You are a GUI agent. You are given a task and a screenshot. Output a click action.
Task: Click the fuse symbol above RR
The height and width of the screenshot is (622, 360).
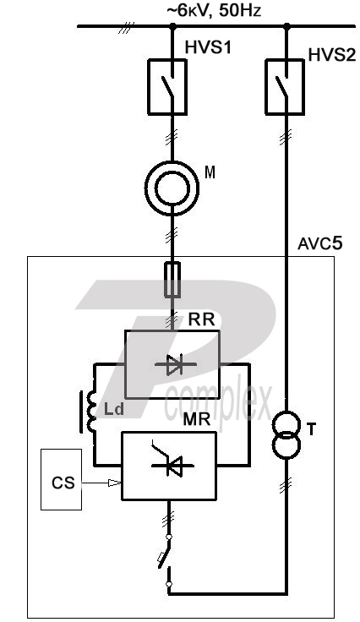[172, 279]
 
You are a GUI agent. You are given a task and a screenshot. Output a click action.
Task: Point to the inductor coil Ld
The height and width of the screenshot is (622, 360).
[92, 412]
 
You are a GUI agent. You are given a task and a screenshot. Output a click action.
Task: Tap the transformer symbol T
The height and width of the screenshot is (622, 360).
[286, 435]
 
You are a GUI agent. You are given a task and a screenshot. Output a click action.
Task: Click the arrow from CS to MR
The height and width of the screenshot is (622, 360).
[101, 483]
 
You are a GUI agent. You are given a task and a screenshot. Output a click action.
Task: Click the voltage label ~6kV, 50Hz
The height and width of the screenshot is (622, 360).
[214, 11]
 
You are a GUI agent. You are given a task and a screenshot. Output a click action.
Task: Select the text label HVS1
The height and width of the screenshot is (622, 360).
[208, 47]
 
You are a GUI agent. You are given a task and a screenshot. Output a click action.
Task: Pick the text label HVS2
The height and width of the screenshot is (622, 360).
[332, 55]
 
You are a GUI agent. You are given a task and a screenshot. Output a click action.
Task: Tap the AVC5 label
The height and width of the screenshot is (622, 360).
[319, 243]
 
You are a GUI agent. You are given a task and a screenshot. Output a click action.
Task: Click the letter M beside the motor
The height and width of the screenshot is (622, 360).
[210, 172]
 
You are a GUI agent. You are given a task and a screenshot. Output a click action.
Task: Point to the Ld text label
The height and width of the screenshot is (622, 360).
[114, 409]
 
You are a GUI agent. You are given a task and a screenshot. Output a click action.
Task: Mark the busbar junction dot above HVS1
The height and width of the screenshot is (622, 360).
[172, 26]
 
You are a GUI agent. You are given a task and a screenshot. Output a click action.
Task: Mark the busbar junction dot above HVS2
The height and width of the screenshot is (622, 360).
[287, 26]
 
